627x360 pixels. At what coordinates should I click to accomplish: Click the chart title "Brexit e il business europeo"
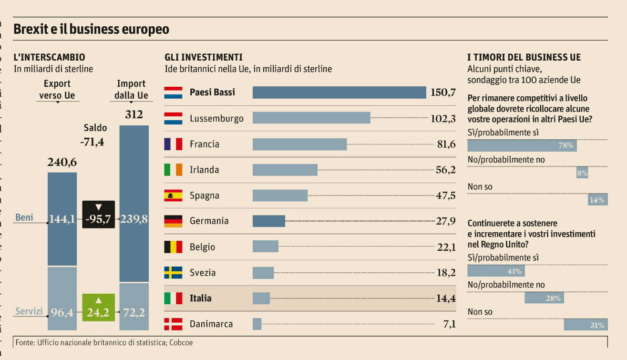pos(91,29)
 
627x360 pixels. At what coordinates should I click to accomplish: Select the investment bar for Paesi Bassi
pos(339,93)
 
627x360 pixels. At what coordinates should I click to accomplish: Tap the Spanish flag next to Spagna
pos(173,195)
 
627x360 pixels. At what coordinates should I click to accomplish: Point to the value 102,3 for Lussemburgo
pos(443,118)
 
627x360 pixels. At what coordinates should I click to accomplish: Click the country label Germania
pos(209,221)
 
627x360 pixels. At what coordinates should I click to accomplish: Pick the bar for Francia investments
pos(299,144)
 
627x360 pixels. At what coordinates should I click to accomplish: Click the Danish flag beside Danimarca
pos(173,324)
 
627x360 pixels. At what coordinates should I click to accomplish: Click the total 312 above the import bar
pos(134,115)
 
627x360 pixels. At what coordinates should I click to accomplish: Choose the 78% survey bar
pos(522,145)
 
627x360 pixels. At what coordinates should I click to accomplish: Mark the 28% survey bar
pos(544,298)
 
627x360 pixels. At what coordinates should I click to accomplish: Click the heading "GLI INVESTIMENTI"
pos(204,57)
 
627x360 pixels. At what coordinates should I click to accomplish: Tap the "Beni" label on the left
pos(24,217)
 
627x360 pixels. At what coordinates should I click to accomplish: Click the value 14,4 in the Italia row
pos(446,298)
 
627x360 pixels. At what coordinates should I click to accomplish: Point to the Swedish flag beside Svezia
pos(173,273)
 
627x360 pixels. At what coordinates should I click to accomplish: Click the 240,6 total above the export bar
pos(62,163)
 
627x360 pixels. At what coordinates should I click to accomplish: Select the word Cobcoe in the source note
pos(180,342)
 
